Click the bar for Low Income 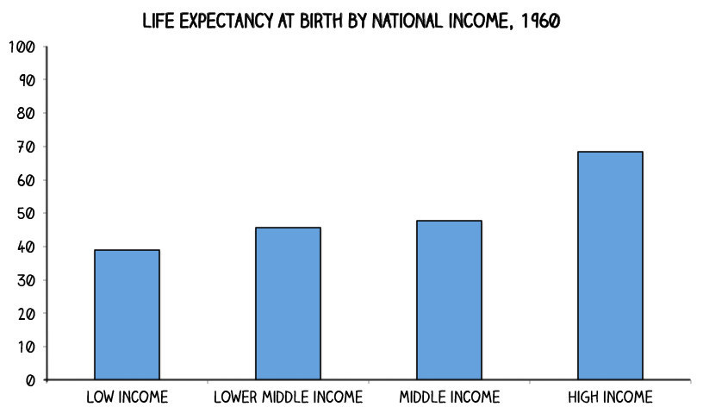[127, 315]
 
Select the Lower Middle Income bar [288, 303]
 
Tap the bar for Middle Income [449, 300]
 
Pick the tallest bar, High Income [610, 266]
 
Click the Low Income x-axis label [127, 397]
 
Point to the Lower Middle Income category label [288, 397]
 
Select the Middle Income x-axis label [449, 397]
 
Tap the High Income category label [610, 397]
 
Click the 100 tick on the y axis [21, 47]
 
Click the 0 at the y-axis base [29, 380]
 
